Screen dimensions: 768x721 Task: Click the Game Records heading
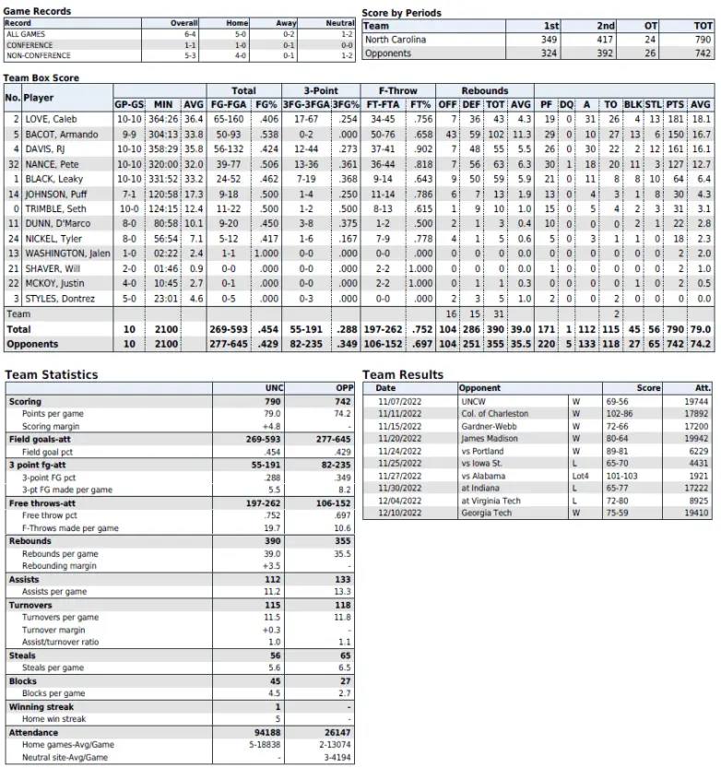point(38,11)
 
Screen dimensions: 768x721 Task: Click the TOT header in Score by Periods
point(702,26)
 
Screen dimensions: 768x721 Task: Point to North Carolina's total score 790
point(703,40)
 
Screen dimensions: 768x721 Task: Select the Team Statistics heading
point(51,375)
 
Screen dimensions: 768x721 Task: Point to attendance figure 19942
point(696,441)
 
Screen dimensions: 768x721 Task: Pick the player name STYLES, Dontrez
point(56,299)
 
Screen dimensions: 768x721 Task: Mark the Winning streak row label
point(42,705)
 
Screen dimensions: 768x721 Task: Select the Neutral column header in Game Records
point(340,23)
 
